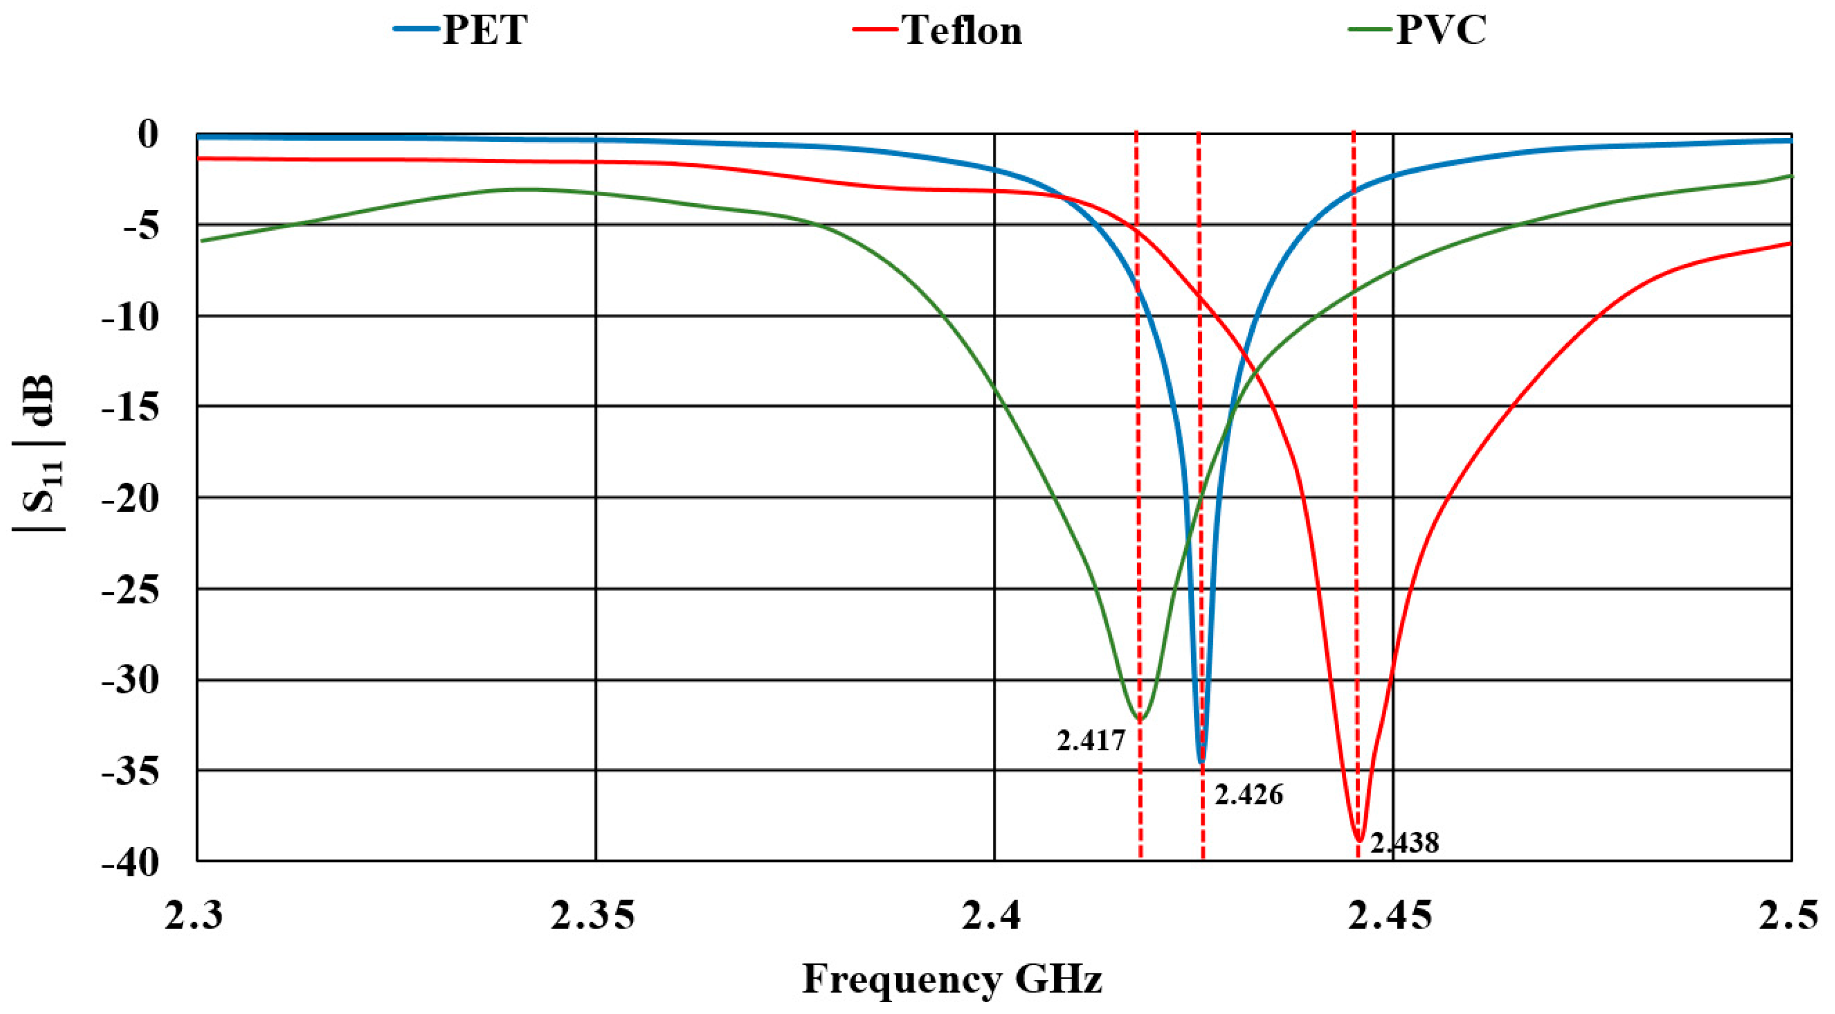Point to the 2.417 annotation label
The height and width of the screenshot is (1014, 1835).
coord(1091,740)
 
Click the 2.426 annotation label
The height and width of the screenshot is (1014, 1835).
coord(1248,794)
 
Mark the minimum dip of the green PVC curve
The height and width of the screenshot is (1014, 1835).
coord(1140,718)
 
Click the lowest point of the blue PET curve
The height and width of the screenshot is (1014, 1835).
coord(1202,762)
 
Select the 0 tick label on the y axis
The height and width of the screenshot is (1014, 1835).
coord(148,134)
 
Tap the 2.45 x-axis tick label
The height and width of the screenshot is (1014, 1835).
coord(1390,917)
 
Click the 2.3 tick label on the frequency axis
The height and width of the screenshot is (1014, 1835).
coord(194,917)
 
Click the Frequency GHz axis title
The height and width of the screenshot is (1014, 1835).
coord(952,979)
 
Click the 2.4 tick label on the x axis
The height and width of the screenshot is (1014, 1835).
coord(992,917)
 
